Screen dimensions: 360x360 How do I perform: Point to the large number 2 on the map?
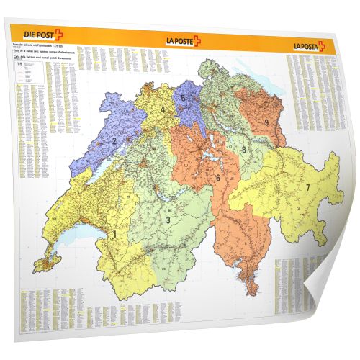coord(114,140)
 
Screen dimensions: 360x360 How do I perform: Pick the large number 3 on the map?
coord(168,220)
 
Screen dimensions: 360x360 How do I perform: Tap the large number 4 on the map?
coord(163,110)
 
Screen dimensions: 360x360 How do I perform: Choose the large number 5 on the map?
coord(184,99)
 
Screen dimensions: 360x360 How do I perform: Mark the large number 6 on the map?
coord(217,177)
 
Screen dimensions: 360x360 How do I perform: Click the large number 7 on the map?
coord(307,188)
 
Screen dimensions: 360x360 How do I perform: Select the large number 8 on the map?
coord(244,150)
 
